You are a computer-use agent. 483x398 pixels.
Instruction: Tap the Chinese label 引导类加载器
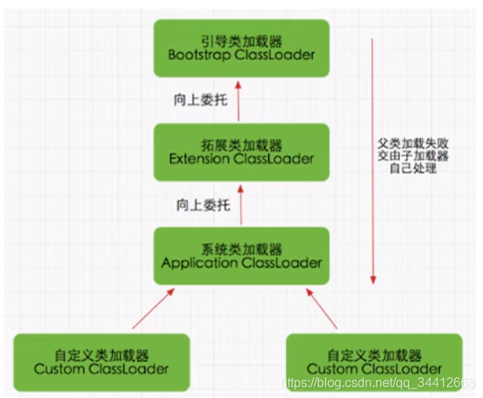click(241, 40)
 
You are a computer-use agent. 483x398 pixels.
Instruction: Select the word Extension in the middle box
click(197, 159)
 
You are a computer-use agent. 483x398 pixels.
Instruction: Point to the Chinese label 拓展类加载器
click(241, 144)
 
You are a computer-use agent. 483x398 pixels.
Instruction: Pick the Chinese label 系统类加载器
click(241, 247)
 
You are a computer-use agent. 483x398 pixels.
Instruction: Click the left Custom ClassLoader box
click(102, 360)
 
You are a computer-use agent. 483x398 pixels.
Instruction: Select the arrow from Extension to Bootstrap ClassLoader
click(240, 100)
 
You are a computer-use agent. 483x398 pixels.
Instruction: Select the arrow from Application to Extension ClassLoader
click(240, 205)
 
